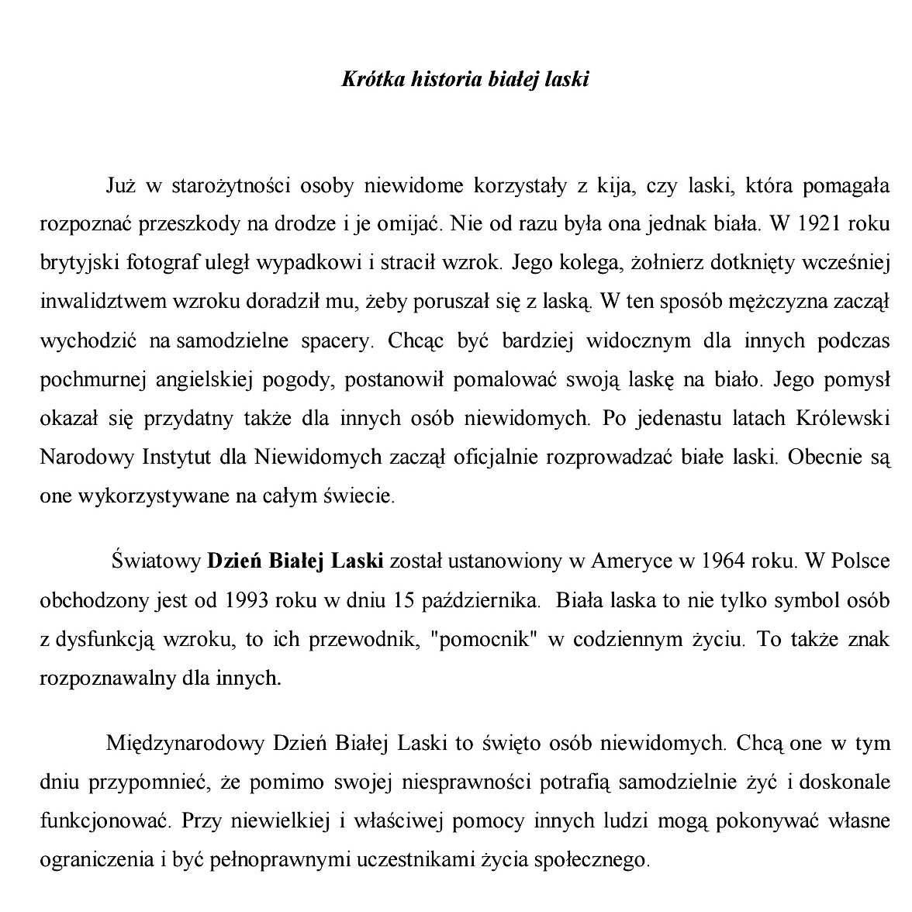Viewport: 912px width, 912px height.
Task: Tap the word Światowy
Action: pos(156,561)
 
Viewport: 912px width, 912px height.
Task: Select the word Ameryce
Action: pos(628,561)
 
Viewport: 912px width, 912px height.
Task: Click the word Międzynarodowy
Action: pos(185,743)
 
